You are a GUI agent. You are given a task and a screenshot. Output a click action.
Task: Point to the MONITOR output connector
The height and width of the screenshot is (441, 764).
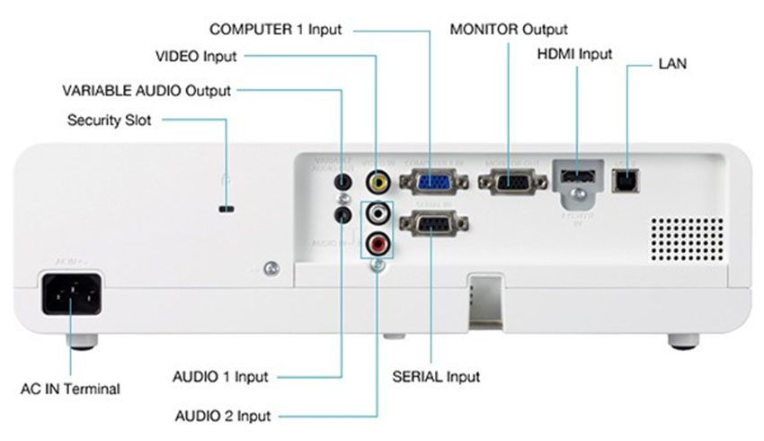click(511, 182)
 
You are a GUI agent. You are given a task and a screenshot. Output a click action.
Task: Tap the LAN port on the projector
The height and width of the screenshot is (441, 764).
click(621, 180)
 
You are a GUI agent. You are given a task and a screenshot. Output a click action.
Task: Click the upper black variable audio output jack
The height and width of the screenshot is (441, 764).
click(342, 183)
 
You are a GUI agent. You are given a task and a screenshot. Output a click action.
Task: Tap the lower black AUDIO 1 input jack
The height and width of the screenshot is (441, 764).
click(342, 216)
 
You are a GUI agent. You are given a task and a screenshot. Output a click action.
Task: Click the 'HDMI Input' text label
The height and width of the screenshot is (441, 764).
click(574, 54)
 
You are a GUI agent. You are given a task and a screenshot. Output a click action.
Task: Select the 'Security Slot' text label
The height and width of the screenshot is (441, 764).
click(110, 120)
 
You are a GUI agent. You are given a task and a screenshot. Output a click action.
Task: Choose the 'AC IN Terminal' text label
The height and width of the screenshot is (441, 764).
click(70, 389)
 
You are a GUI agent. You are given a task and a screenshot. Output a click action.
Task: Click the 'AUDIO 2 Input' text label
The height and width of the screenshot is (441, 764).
click(223, 416)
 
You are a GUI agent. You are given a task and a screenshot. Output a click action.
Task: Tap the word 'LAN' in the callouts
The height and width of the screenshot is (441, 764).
click(672, 65)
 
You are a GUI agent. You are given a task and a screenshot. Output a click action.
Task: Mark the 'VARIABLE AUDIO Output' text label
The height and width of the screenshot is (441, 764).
click(146, 90)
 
